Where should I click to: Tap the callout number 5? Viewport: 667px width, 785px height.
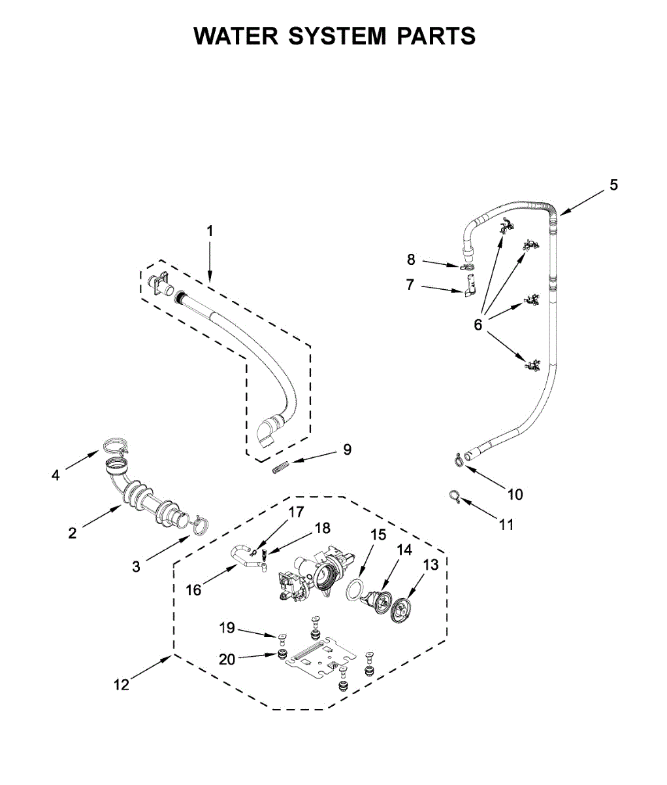point(613,185)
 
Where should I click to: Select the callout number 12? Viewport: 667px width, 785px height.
point(122,685)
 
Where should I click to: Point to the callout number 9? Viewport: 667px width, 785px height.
point(347,449)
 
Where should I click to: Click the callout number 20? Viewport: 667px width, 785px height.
point(227,659)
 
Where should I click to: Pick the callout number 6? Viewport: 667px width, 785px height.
point(478,324)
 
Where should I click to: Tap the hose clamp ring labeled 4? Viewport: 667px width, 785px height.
point(114,446)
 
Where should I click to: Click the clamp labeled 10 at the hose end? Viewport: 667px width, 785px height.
point(459,460)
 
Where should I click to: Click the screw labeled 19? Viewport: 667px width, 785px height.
point(283,637)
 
